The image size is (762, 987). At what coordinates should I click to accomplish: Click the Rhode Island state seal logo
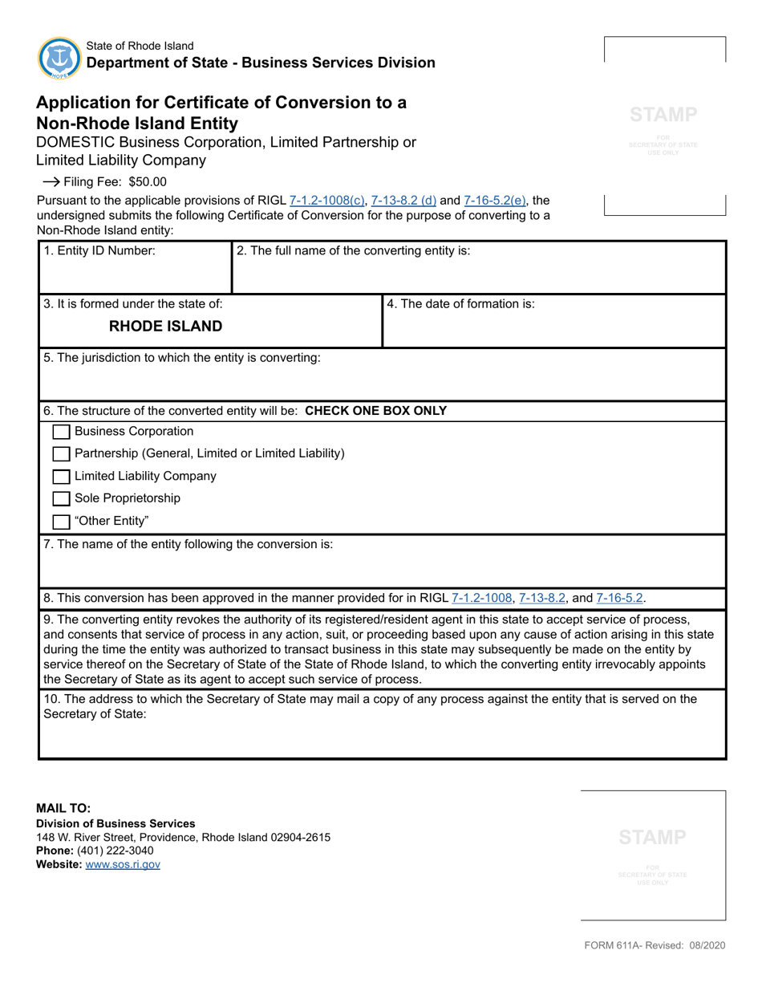pyautogui.click(x=59, y=58)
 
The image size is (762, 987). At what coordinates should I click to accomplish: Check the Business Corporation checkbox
pyautogui.click(x=61, y=432)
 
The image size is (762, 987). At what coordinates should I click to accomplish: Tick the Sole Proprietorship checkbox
pyautogui.click(x=61, y=499)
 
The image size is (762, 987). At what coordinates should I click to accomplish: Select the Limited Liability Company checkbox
pyautogui.click(x=61, y=477)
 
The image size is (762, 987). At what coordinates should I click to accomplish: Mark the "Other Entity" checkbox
pyautogui.click(x=61, y=522)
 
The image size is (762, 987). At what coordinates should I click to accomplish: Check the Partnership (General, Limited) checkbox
pyautogui.click(x=61, y=454)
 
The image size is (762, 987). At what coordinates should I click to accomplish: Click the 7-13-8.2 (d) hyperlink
pyautogui.click(x=403, y=201)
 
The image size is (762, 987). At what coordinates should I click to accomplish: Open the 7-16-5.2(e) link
pyautogui.click(x=495, y=201)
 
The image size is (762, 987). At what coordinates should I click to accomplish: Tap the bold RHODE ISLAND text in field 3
pyautogui.click(x=165, y=327)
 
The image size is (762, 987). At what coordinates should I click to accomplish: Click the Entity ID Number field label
pyautogui.click(x=99, y=250)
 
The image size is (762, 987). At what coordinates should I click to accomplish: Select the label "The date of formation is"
pyautogui.click(x=461, y=303)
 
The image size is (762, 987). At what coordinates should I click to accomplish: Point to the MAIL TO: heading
pyautogui.click(x=63, y=809)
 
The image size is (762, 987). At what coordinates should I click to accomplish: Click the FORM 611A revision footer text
pyautogui.click(x=655, y=946)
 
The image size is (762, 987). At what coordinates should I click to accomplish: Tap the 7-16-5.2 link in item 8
pyautogui.click(x=619, y=598)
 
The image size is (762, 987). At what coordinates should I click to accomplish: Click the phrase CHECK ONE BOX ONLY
pyautogui.click(x=376, y=411)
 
